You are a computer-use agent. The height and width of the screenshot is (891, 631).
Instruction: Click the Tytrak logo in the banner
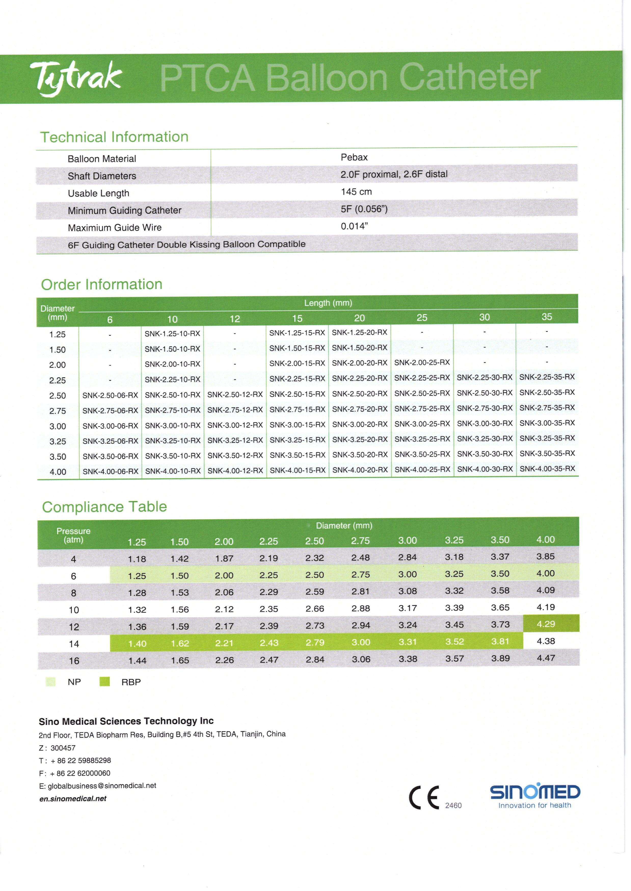pos(76,78)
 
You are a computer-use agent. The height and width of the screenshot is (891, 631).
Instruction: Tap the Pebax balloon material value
pos(354,157)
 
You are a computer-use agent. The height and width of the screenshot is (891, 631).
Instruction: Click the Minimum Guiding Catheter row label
pos(124,211)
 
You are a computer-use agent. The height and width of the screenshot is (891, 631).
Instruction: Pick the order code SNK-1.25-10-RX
pos(172,333)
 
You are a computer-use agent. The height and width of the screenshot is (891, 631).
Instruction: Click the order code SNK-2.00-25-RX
pos(422,363)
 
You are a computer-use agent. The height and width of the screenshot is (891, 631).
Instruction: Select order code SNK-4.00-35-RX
pos(547,469)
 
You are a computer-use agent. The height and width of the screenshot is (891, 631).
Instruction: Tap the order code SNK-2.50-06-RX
pos(110,395)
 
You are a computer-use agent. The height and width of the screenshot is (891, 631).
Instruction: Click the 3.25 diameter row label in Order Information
pos(58,441)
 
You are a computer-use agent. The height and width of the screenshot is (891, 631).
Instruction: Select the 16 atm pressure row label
pos(74,661)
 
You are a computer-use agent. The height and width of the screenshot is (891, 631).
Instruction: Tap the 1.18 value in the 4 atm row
pos(137,559)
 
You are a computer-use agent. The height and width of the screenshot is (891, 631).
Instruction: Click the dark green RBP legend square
pos(104,682)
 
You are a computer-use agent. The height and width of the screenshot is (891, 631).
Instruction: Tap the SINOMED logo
pos(535,796)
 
